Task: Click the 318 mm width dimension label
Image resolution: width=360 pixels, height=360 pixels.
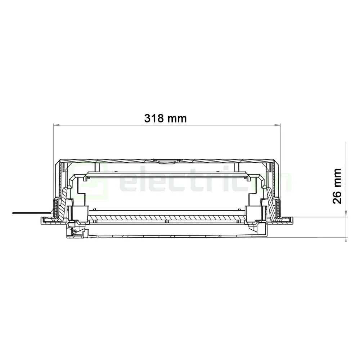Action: click(166, 118)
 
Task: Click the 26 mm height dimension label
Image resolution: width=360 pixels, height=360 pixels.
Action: click(337, 186)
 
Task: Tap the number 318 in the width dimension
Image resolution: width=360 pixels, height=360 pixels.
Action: click(155, 118)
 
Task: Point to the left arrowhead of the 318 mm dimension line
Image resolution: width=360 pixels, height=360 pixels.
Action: click(55, 125)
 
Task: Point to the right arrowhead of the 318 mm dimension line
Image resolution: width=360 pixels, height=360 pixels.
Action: click(278, 125)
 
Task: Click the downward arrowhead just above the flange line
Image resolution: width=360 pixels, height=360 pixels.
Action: click(346, 215)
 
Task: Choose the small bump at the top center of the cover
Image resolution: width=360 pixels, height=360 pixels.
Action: click(166, 160)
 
